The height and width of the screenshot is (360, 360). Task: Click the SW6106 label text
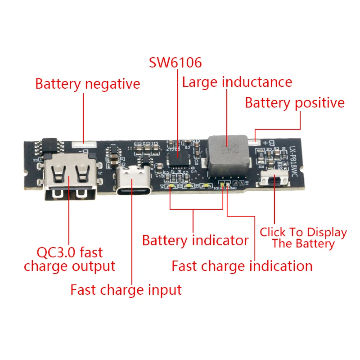coord(175,63)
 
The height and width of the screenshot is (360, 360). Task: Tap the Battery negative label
coord(88,84)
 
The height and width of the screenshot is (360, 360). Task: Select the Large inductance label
coord(237,82)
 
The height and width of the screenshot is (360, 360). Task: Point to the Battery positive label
coord(295,103)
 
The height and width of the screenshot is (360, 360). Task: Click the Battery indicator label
coord(195,240)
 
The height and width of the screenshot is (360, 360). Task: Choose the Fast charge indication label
coord(242,266)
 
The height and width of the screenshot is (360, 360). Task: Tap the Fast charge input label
coord(126,289)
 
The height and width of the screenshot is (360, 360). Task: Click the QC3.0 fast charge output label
coord(70,259)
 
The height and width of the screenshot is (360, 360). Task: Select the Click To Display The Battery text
coord(303,238)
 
